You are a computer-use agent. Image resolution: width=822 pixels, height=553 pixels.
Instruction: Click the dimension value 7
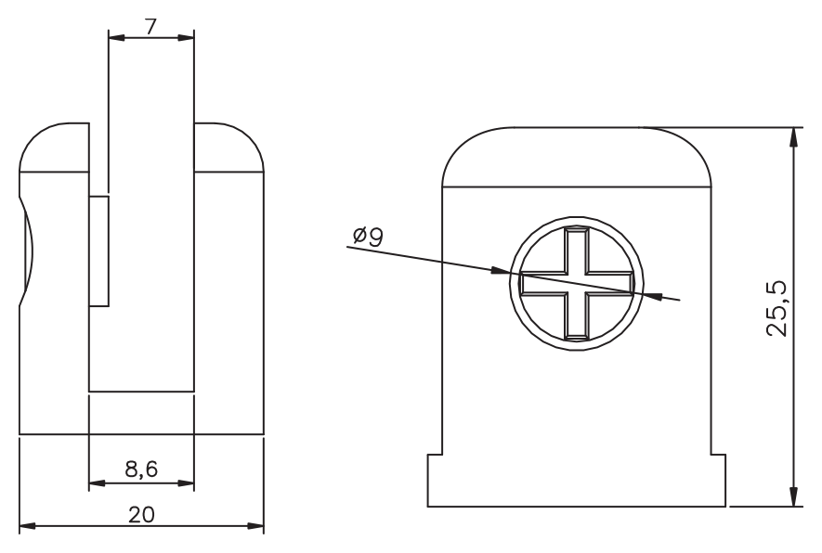(x=151, y=26)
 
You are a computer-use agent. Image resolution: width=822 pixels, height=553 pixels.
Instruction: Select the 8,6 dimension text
(x=141, y=469)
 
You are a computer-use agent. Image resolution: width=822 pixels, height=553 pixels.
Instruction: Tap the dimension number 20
(x=141, y=515)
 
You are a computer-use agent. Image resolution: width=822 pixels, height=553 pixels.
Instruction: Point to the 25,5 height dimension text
(x=776, y=309)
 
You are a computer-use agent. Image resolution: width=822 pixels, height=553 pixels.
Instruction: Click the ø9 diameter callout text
(x=369, y=237)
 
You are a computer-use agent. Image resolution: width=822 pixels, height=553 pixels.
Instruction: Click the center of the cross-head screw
(x=577, y=283)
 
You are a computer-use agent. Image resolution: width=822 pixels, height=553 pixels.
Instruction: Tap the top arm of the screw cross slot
(x=577, y=251)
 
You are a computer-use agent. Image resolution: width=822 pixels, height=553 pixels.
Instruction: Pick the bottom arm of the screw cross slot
(x=577, y=315)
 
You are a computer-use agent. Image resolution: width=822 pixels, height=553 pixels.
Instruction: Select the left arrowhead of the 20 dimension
(x=27, y=526)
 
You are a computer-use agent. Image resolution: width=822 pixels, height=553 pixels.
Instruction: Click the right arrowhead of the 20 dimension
(x=255, y=526)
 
